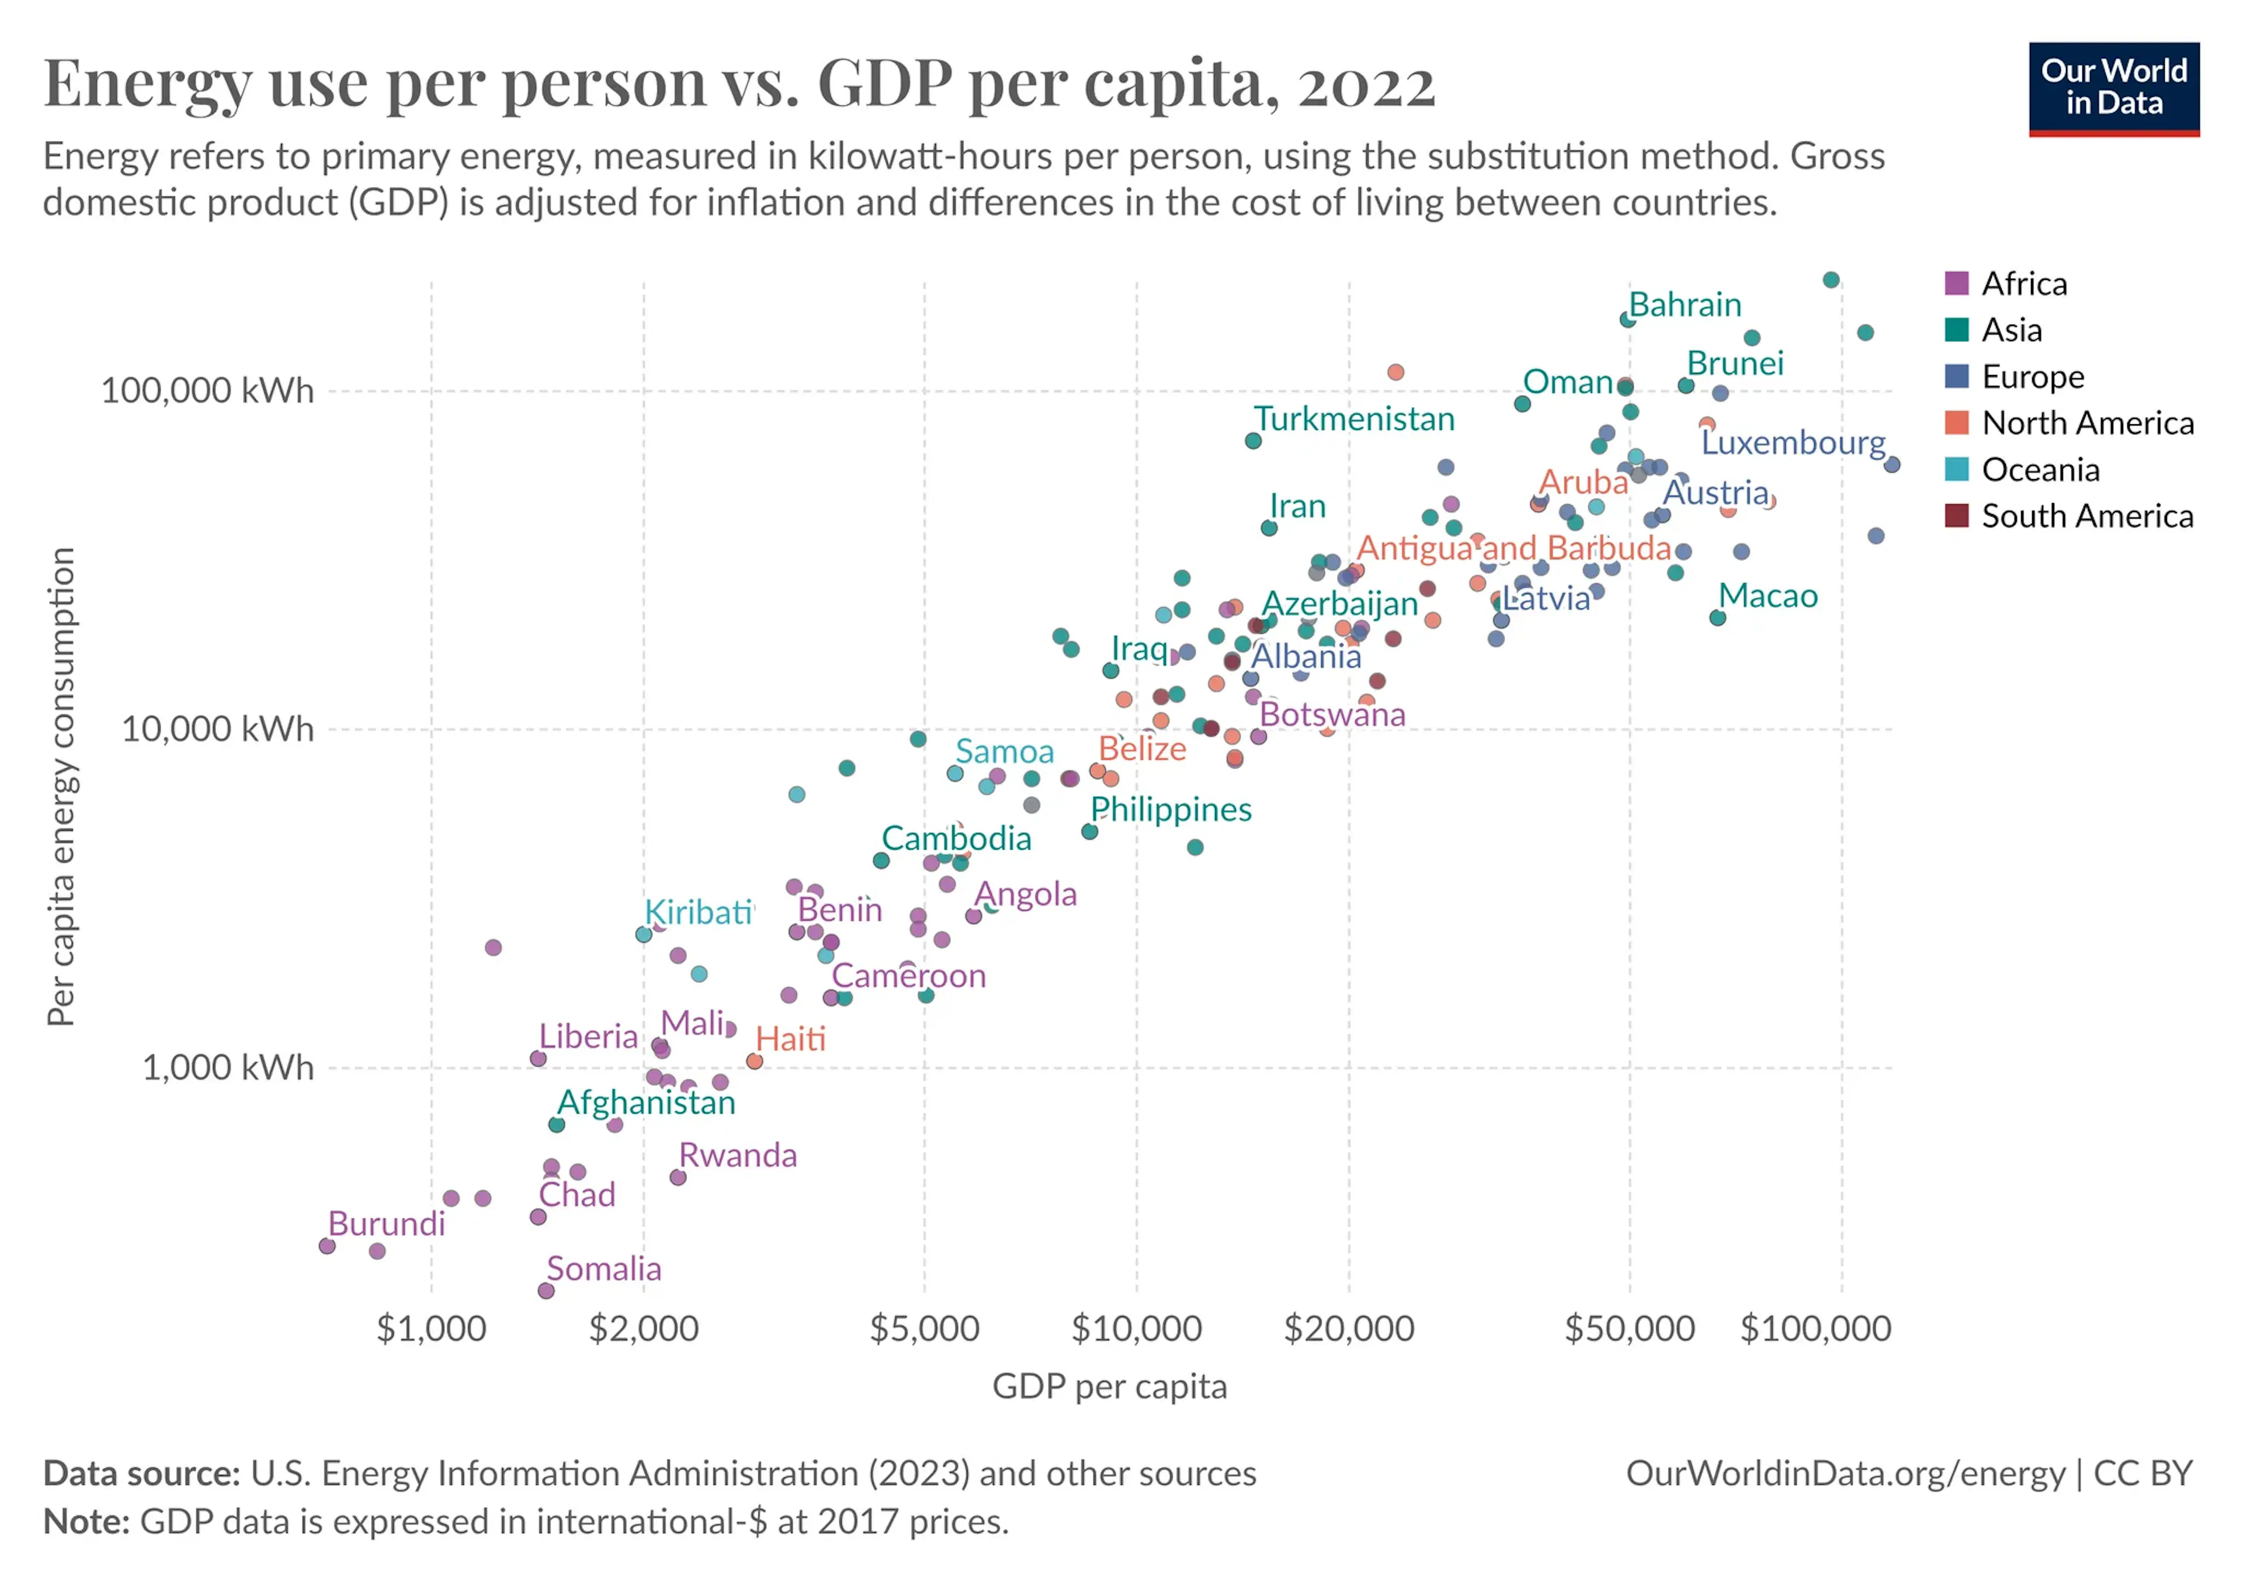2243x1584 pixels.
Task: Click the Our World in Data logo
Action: pyautogui.click(x=2113, y=89)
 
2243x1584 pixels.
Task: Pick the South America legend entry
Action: pyautogui.click(x=2068, y=516)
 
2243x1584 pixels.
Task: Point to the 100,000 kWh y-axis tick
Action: pyautogui.click(x=207, y=391)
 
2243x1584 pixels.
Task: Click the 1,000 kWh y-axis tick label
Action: pyautogui.click(x=228, y=1067)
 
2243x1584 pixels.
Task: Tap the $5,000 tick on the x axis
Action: pyautogui.click(x=924, y=1329)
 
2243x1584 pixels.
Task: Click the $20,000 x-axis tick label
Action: pyautogui.click(x=1348, y=1329)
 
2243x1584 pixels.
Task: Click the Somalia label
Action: pyautogui.click(x=604, y=1268)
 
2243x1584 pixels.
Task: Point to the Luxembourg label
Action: pyautogui.click(x=1794, y=443)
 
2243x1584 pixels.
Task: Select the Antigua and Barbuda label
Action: pyautogui.click(x=1514, y=548)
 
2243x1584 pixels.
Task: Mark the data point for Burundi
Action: pyautogui.click(x=327, y=1246)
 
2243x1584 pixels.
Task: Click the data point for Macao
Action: pyautogui.click(x=1717, y=618)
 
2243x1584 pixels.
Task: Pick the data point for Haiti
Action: pyautogui.click(x=754, y=1061)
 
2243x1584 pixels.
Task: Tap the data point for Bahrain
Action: pyautogui.click(x=1627, y=320)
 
